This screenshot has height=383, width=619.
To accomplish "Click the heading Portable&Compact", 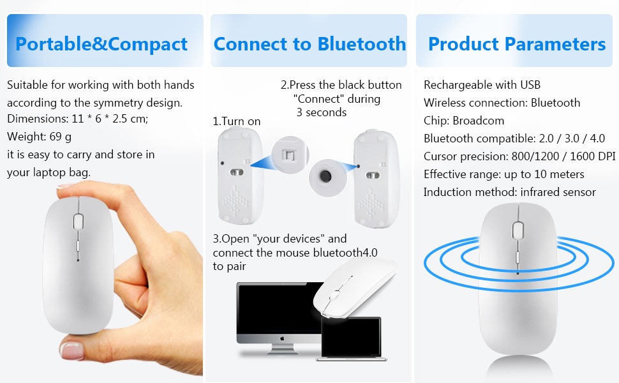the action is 101,44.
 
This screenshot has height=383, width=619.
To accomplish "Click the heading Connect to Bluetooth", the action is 309,43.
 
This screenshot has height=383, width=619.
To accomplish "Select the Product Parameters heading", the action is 517,43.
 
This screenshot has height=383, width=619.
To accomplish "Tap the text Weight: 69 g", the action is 39,137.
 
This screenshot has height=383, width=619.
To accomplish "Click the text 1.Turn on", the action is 237,121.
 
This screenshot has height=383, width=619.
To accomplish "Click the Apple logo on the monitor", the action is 282,338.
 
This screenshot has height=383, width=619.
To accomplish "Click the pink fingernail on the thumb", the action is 71,350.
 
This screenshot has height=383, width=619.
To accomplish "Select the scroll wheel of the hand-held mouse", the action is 78,222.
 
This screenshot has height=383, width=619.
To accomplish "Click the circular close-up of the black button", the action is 327,177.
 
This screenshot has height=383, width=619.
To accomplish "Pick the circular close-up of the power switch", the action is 290,154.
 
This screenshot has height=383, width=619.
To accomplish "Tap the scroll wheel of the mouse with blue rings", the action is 518,230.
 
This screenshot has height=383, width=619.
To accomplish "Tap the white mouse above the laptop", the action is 355,288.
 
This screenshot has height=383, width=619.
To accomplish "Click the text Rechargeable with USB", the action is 482,85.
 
